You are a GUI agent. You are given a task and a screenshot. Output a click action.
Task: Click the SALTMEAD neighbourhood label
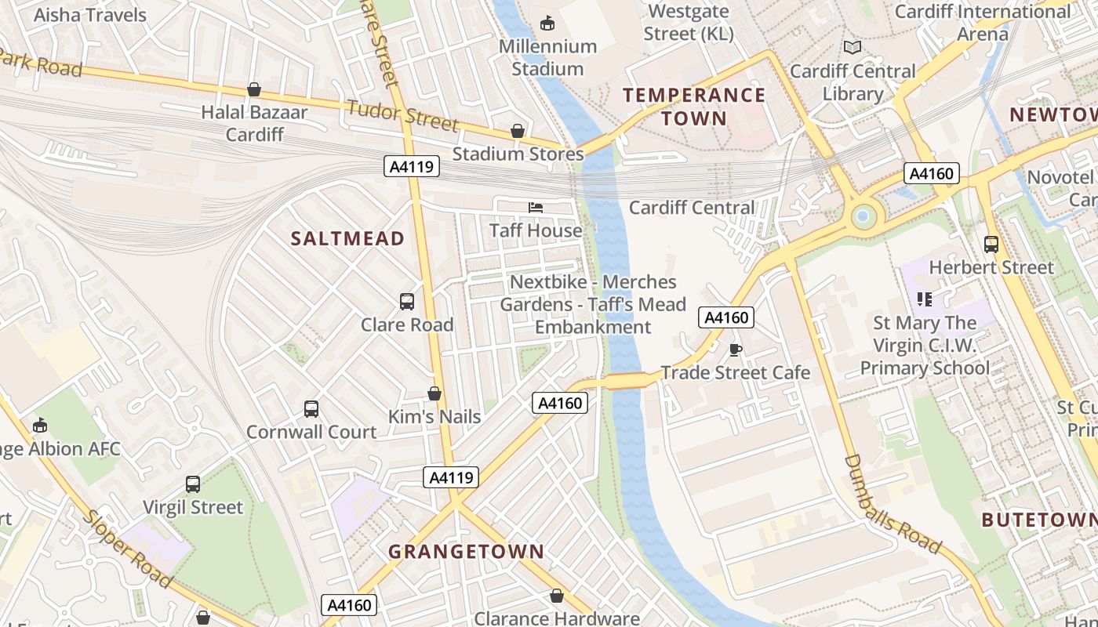tap(347, 239)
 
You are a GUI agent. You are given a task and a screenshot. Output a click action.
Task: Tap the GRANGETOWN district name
tap(466, 552)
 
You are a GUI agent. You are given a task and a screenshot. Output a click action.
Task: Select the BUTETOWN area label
tap(1038, 520)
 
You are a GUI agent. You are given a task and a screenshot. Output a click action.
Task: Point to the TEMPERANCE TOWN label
tap(694, 107)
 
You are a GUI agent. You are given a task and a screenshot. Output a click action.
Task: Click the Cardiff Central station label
tap(692, 208)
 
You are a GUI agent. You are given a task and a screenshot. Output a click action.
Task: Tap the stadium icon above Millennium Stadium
tap(547, 24)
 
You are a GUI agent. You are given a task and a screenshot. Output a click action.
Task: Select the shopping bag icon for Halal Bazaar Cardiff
tap(254, 89)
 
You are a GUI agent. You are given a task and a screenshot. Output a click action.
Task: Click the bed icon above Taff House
tap(536, 208)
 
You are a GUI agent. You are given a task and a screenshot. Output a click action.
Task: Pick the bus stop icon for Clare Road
tap(407, 302)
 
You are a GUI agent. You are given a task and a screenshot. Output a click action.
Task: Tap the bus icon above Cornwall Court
tap(311, 409)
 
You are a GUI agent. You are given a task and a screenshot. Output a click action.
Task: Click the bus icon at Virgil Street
tap(193, 484)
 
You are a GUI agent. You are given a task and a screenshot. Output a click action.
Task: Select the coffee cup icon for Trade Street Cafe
tap(735, 350)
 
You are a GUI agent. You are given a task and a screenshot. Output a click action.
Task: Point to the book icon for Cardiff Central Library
tap(852, 48)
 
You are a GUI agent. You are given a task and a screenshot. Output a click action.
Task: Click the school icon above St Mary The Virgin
tap(925, 299)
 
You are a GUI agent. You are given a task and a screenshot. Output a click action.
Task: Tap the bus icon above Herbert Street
tap(991, 245)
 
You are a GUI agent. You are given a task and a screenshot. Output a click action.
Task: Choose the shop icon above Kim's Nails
tap(434, 393)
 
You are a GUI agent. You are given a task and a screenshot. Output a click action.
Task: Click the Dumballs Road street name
tap(892, 504)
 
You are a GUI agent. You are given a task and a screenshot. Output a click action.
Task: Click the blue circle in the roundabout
tap(863, 216)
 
